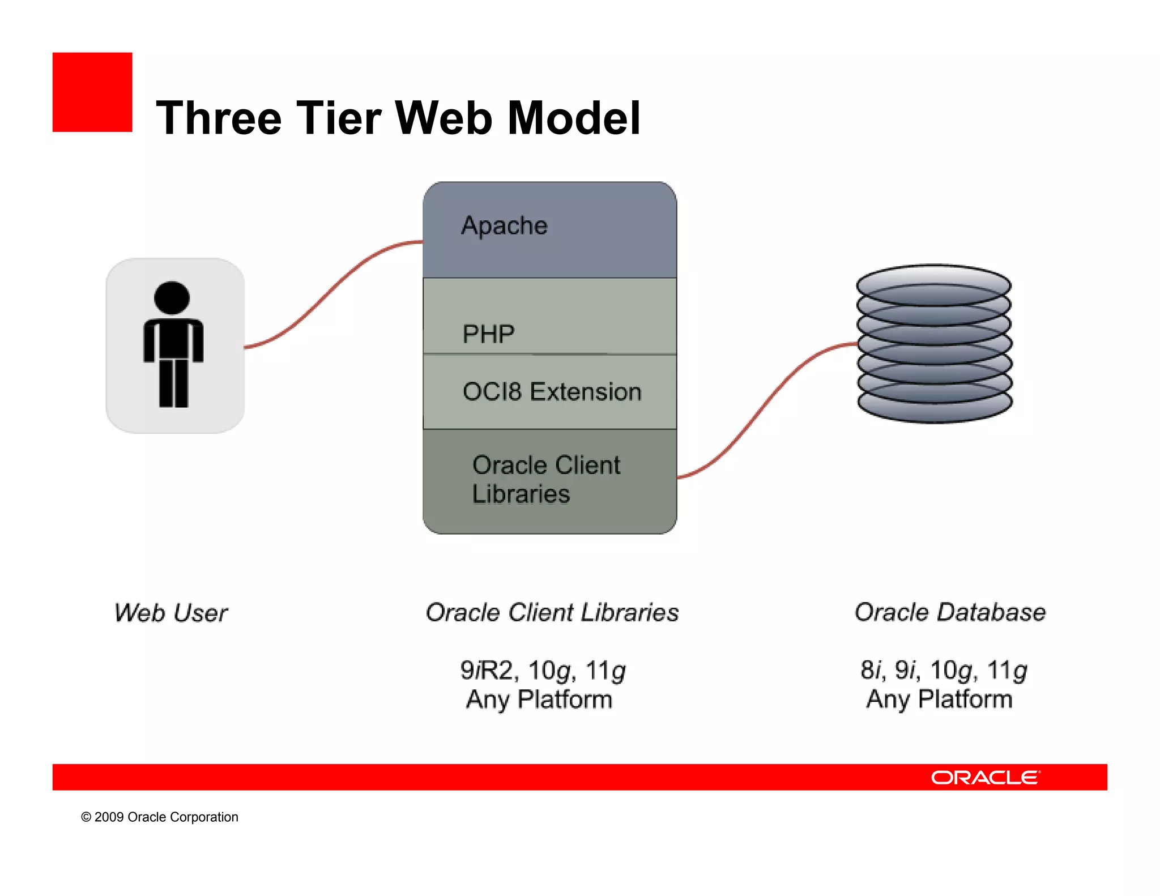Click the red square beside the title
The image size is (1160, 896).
(x=92, y=92)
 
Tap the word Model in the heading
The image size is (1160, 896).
(x=574, y=118)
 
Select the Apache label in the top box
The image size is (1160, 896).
(x=504, y=225)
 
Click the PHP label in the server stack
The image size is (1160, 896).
(x=488, y=334)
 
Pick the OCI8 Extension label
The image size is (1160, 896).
(x=552, y=392)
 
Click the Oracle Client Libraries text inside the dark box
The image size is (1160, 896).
(x=546, y=479)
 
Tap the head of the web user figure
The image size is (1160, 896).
(x=172, y=298)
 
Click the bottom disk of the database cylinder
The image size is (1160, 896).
(x=935, y=404)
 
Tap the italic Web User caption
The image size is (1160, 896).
(x=170, y=613)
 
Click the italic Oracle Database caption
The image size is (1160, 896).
(x=950, y=612)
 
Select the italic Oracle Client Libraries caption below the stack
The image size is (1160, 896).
(x=552, y=612)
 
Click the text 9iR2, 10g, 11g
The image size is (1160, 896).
(x=543, y=671)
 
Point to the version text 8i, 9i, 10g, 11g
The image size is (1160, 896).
(x=943, y=671)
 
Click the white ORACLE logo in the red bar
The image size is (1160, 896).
(x=985, y=778)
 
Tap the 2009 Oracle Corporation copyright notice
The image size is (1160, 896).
(x=160, y=817)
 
